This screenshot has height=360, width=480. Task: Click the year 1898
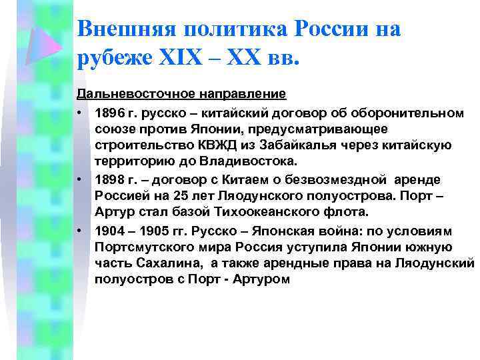coord(109,179)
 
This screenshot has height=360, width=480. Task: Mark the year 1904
coord(109,230)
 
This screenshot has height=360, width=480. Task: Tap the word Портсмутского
coord(141,247)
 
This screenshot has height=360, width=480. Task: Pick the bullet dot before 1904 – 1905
coord(79,230)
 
